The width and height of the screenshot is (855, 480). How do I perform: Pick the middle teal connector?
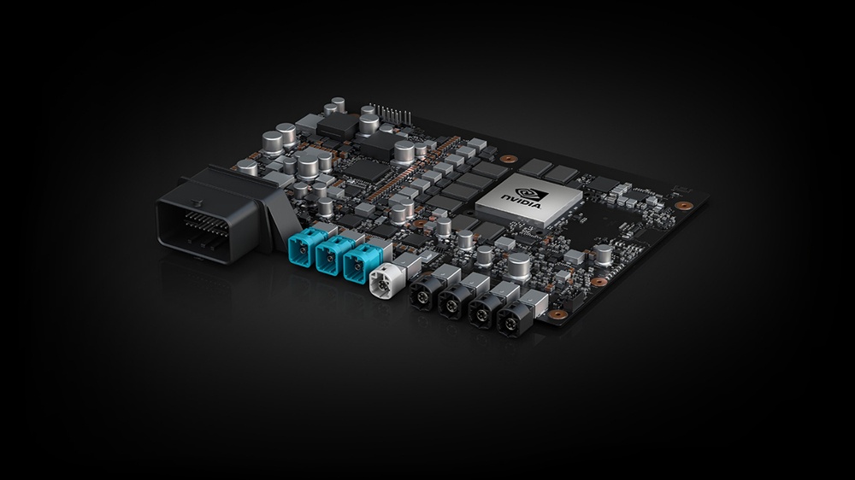[x=333, y=255]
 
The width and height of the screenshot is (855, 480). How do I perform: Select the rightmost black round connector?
[x=512, y=324]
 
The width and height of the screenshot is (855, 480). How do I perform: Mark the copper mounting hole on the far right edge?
[x=683, y=206]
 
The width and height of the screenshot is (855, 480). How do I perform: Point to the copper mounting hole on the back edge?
[x=507, y=159]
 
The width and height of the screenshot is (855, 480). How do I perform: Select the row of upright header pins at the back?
[x=392, y=114]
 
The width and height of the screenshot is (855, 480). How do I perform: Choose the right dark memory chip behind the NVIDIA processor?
[x=562, y=174]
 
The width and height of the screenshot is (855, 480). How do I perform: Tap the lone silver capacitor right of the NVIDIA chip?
[x=604, y=254]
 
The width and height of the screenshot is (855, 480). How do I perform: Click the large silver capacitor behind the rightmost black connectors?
[x=519, y=266]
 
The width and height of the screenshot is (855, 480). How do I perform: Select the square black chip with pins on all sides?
[x=366, y=169]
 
